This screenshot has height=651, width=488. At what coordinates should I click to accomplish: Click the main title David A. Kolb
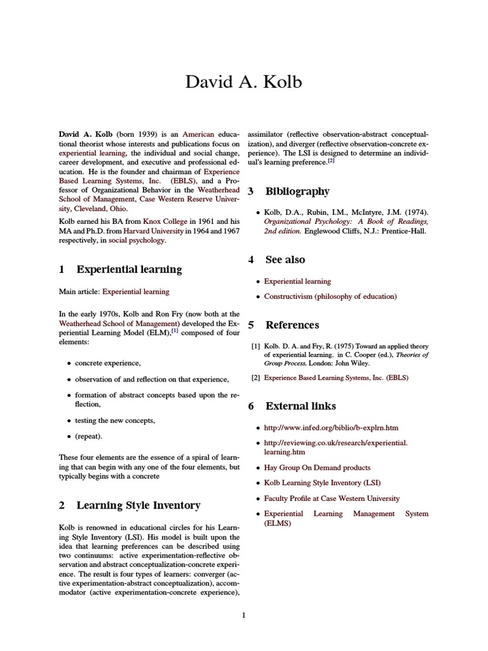point(244,82)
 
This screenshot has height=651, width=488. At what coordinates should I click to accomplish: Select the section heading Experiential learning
point(129,269)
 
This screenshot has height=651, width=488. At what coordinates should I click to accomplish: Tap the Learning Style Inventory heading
point(139,505)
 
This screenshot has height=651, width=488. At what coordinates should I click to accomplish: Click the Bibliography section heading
point(297,191)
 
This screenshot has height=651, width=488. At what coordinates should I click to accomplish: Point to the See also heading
point(285,259)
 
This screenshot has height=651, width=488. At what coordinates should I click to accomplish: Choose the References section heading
point(292,325)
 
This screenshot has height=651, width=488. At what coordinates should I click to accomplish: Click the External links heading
point(301,406)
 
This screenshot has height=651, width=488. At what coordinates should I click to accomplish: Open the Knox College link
point(173,231)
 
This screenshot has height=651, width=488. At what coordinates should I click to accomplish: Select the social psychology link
point(137,241)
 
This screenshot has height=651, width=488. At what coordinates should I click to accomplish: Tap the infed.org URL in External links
point(331,428)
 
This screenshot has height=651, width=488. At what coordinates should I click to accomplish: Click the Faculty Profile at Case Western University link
point(332,498)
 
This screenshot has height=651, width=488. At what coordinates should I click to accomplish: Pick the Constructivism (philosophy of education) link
point(330,296)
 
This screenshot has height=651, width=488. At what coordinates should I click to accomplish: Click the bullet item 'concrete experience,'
point(108,363)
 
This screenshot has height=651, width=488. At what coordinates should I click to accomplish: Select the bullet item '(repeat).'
point(88,436)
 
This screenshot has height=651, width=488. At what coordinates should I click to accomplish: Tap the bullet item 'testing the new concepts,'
point(115,420)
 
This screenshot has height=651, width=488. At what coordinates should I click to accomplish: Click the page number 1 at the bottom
point(243,615)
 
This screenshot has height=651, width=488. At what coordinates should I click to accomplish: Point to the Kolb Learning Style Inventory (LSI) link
point(322,483)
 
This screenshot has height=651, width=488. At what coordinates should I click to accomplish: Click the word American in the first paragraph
point(198,135)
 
